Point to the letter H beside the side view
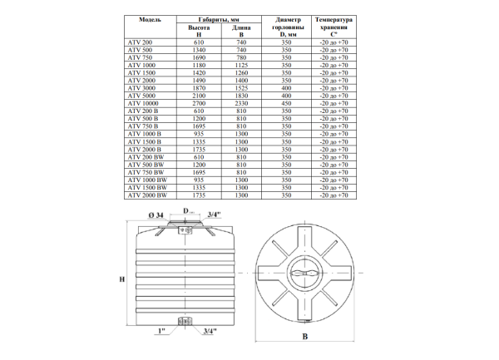point(121,279)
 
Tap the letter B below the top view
point(305,336)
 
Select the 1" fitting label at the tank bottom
point(164,331)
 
